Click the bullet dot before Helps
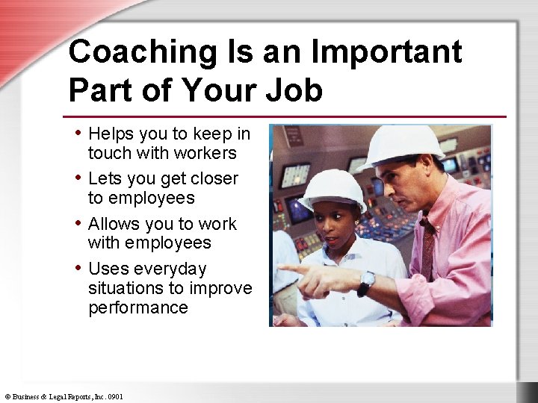pyautogui.click(x=78, y=132)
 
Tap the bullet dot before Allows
pyautogui.click(x=78, y=222)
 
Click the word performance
pyautogui.click(x=138, y=307)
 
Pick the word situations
pyautogui.click(x=129, y=288)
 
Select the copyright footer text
pyautogui.click(x=64, y=396)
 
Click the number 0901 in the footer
pyautogui.click(x=115, y=396)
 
